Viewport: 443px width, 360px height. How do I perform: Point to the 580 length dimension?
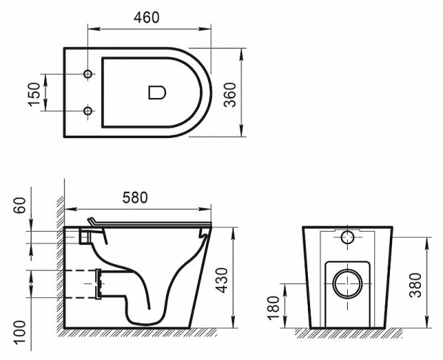[x=134, y=197]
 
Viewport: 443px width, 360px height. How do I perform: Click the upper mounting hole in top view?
[x=89, y=75]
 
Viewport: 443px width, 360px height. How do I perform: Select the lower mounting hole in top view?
[x=89, y=111]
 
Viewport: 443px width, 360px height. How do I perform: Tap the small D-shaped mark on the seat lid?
[x=157, y=92]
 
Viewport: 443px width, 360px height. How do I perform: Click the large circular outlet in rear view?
[x=346, y=283]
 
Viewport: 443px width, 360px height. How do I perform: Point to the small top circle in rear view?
[x=348, y=238]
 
